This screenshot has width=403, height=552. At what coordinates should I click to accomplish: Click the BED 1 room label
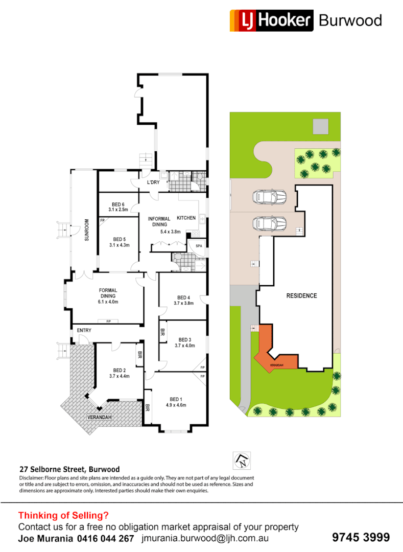175,399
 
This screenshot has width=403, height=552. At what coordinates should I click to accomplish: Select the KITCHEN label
186,218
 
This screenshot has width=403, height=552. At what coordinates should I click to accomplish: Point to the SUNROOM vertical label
87,230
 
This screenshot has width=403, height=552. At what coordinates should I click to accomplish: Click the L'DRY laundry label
153,182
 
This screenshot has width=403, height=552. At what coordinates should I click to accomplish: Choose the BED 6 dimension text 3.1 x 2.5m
119,210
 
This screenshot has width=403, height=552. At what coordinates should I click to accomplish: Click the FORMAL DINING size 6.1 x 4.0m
108,302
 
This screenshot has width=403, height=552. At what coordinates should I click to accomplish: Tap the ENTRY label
84,331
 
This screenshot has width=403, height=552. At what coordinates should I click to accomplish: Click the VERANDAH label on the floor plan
100,417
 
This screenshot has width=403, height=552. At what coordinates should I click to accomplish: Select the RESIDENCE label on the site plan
301,296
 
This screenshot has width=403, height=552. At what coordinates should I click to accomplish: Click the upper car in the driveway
269,196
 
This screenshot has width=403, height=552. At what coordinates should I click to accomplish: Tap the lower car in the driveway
269,223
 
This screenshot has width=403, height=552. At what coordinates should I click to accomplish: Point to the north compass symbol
240,461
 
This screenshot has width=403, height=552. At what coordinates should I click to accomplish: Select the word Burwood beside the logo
350,20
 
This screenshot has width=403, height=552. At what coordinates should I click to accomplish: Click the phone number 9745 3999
361,538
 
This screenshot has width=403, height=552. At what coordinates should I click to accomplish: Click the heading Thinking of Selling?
63,516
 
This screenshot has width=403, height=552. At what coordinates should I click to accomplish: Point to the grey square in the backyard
321,126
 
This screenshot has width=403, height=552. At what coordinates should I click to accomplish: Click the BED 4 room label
184,297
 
